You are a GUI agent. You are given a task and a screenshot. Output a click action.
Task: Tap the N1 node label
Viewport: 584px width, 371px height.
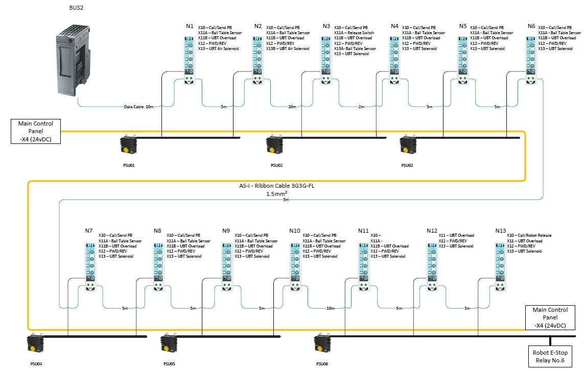(190, 26)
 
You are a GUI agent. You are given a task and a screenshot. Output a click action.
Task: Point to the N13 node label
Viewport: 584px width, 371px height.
(500, 231)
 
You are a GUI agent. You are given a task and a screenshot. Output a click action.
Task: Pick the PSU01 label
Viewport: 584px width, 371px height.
(129, 165)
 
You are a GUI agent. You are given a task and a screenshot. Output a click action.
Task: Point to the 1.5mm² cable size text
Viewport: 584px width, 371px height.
(276, 194)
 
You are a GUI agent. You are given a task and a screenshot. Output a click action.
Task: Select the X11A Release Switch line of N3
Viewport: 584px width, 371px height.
(354, 33)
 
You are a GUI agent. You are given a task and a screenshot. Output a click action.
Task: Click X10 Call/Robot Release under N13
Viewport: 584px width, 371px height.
(529, 235)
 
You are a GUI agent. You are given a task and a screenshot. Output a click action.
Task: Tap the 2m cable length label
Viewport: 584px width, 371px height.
(361, 107)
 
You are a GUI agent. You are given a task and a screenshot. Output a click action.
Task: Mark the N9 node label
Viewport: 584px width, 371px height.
(226, 231)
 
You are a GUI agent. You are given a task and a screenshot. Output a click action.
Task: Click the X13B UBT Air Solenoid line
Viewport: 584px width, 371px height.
(288, 49)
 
